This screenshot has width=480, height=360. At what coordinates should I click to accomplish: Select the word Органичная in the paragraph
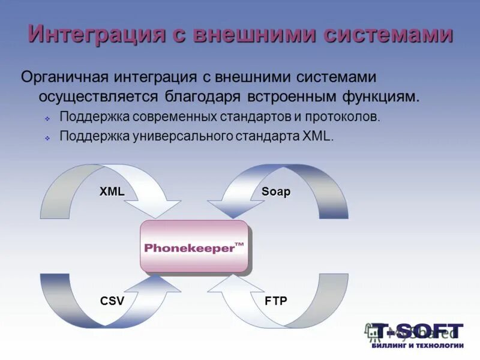64,77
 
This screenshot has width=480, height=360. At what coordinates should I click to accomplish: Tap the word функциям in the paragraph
384,96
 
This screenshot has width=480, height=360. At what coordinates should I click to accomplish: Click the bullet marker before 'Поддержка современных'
47,119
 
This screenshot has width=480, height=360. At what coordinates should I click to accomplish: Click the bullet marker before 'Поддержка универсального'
47,138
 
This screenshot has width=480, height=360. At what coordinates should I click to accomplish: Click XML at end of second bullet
316,136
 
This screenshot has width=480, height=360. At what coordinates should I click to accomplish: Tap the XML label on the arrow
112,191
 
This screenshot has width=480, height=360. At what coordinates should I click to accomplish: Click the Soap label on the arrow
276,191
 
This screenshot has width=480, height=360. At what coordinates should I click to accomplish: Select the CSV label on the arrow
112,301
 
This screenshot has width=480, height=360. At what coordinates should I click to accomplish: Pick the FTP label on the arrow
276,301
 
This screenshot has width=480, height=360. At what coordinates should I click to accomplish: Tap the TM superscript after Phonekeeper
239,244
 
